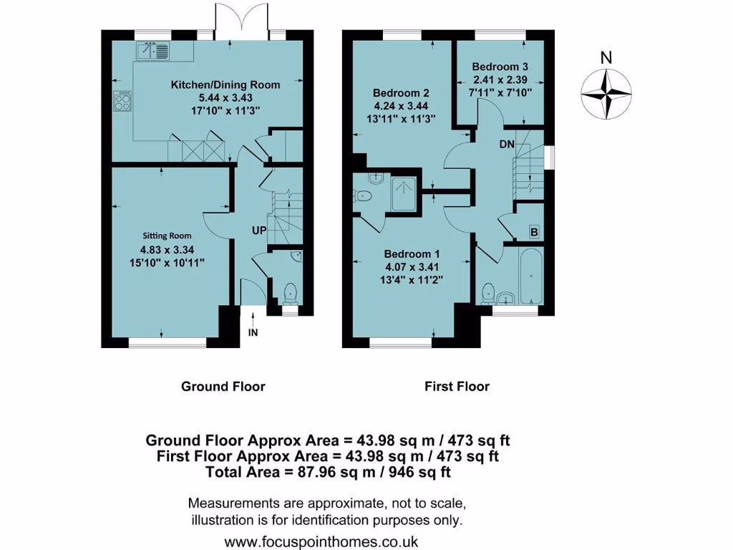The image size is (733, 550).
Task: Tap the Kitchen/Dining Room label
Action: point(225,85)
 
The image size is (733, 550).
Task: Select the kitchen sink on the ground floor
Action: point(153,50)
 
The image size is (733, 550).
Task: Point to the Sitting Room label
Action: point(166,235)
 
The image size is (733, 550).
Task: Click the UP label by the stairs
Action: point(259,231)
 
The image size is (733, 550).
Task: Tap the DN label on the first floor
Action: point(508,144)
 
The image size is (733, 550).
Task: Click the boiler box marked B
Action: point(533,231)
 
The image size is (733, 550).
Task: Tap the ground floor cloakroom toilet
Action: point(290,292)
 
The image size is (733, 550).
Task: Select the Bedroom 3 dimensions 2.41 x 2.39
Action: point(500,79)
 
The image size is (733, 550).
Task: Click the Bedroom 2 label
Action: point(401,93)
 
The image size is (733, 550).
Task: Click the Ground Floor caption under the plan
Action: point(223,387)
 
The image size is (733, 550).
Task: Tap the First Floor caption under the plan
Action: point(457,387)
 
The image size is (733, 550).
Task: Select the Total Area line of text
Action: point(328,472)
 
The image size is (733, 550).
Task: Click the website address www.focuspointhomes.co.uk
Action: point(321,541)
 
